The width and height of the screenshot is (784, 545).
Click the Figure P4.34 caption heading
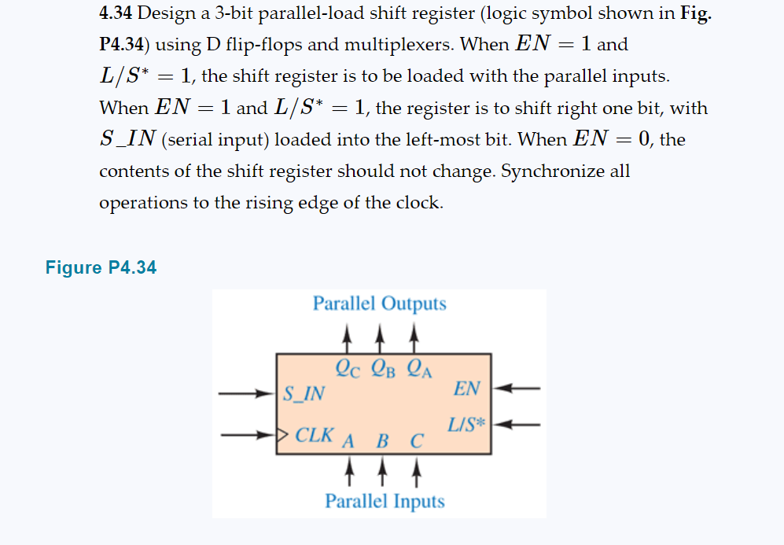tap(101, 268)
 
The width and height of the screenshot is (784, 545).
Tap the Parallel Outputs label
tap(379, 304)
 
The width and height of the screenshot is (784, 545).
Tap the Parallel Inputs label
tap(385, 501)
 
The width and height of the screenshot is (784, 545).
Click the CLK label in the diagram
tap(314, 434)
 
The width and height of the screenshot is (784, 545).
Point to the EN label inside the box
tap(466, 388)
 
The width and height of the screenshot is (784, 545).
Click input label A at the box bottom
tap(348, 440)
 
